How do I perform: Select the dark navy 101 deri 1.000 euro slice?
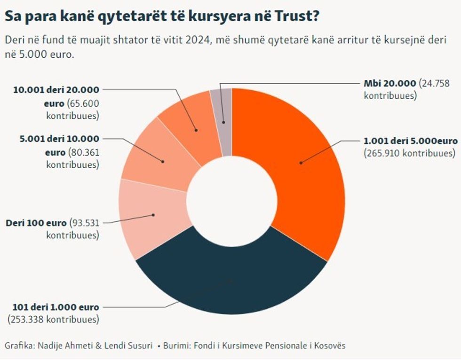[x=230, y=282]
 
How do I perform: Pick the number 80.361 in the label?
[x=83, y=152]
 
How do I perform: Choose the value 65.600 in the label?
[x=83, y=103]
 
